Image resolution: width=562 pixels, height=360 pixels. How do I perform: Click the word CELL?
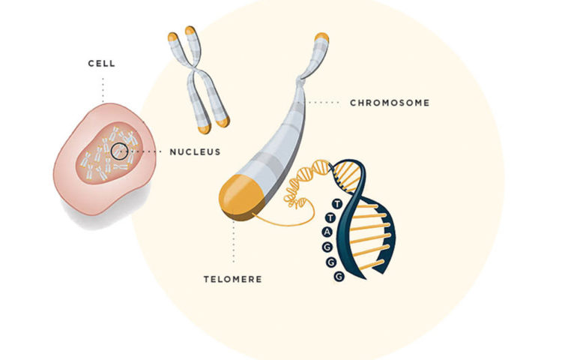[101, 64]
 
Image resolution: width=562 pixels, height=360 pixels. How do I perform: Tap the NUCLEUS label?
[195, 151]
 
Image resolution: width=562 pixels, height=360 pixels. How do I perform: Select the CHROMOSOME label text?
[390, 103]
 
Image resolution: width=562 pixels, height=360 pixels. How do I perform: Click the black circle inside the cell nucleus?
[118, 151]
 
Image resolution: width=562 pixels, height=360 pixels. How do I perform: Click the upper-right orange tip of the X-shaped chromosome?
[191, 31]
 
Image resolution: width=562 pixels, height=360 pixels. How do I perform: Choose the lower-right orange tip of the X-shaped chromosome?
[223, 120]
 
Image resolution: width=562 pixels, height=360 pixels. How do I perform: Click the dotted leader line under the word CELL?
[102, 90]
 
